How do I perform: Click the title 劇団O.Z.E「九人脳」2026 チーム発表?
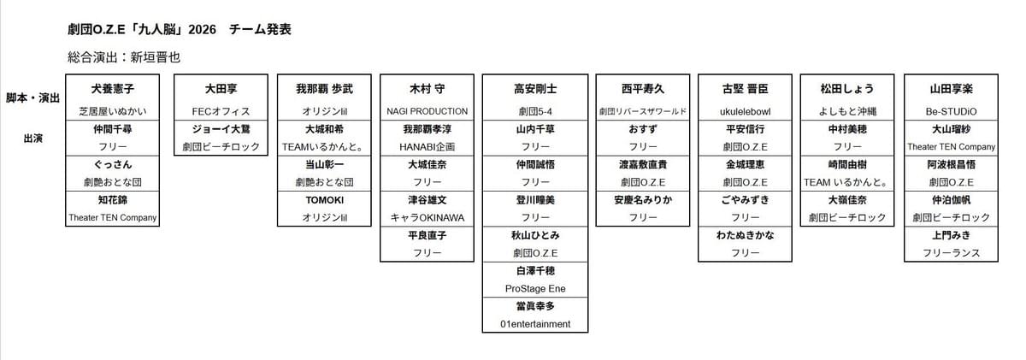tap(180, 30)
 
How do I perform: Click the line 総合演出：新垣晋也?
tap(124, 57)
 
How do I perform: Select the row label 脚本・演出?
tap(32, 98)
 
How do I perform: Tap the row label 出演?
tap(32, 137)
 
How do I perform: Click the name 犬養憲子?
tap(113, 89)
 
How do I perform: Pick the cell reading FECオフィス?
tap(221, 111)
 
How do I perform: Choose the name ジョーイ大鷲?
tap(221, 129)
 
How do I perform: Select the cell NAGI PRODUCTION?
tap(427, 111)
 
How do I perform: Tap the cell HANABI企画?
tap(427, 147)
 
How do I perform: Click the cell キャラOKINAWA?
tap(427, 218)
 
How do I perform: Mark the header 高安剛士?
tap(535, 89)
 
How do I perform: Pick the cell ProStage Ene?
tap(535, 289)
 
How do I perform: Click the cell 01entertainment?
tap(535, 324)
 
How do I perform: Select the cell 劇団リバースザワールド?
tap(643, 111)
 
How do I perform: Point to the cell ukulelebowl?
tap(746, 111)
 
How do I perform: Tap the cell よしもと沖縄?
tap(847, 111)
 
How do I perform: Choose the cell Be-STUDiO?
tap(951, 111)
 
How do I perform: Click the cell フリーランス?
tap(951, 253)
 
